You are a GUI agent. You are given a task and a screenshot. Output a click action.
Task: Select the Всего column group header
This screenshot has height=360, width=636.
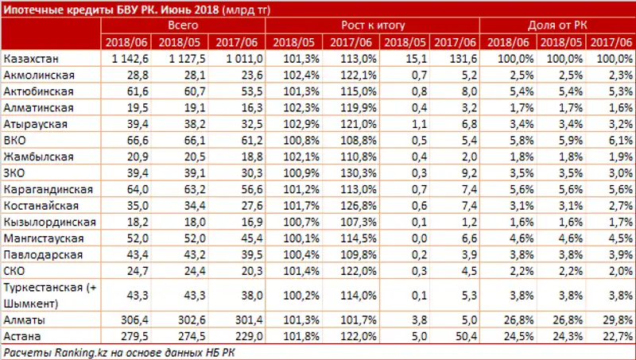[183, 25]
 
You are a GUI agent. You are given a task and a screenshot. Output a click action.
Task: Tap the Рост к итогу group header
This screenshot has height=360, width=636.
[372, 25]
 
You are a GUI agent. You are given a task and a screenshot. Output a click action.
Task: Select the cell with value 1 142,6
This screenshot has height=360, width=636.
[130, 60]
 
